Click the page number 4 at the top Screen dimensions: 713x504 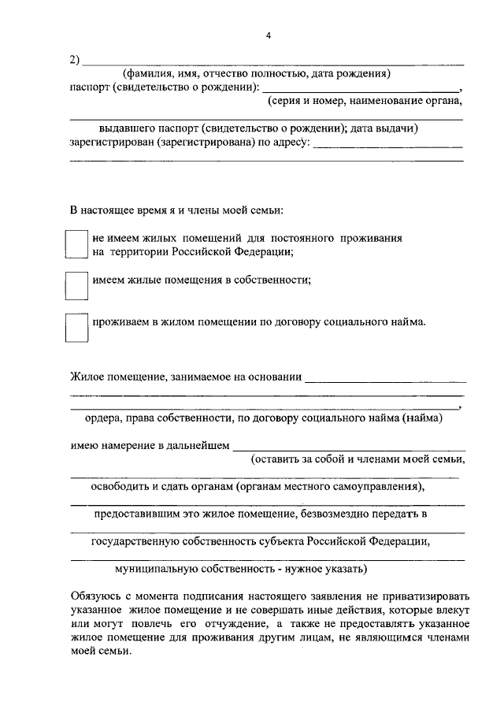(268, 36)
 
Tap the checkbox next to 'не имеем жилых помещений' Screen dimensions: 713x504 (76, 244)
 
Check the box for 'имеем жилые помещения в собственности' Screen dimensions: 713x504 (76, 285)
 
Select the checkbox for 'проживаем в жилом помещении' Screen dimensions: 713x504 (76, 328)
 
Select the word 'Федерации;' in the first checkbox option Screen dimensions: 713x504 (268, 252)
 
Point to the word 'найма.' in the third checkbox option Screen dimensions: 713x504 (409, 321)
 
